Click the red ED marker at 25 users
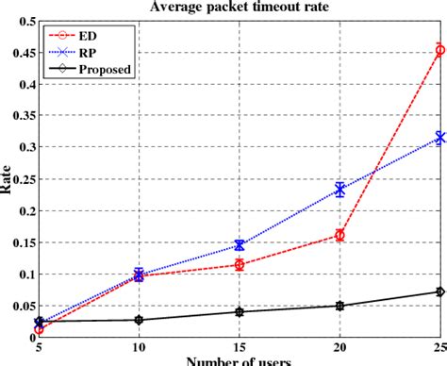coord(439,50)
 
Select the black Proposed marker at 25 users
coord(439,291)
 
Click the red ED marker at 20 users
coord(339,235)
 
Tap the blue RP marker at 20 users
coord(339,190)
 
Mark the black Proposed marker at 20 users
coord(339,306)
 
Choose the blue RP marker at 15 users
coord(240,245)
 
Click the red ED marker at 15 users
coord(240,265)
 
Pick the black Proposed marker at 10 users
coord(139,320)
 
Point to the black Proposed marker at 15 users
coord(240,311)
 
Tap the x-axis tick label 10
coord(139,348)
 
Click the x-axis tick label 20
coord(339,348)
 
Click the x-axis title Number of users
coord(240,361)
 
